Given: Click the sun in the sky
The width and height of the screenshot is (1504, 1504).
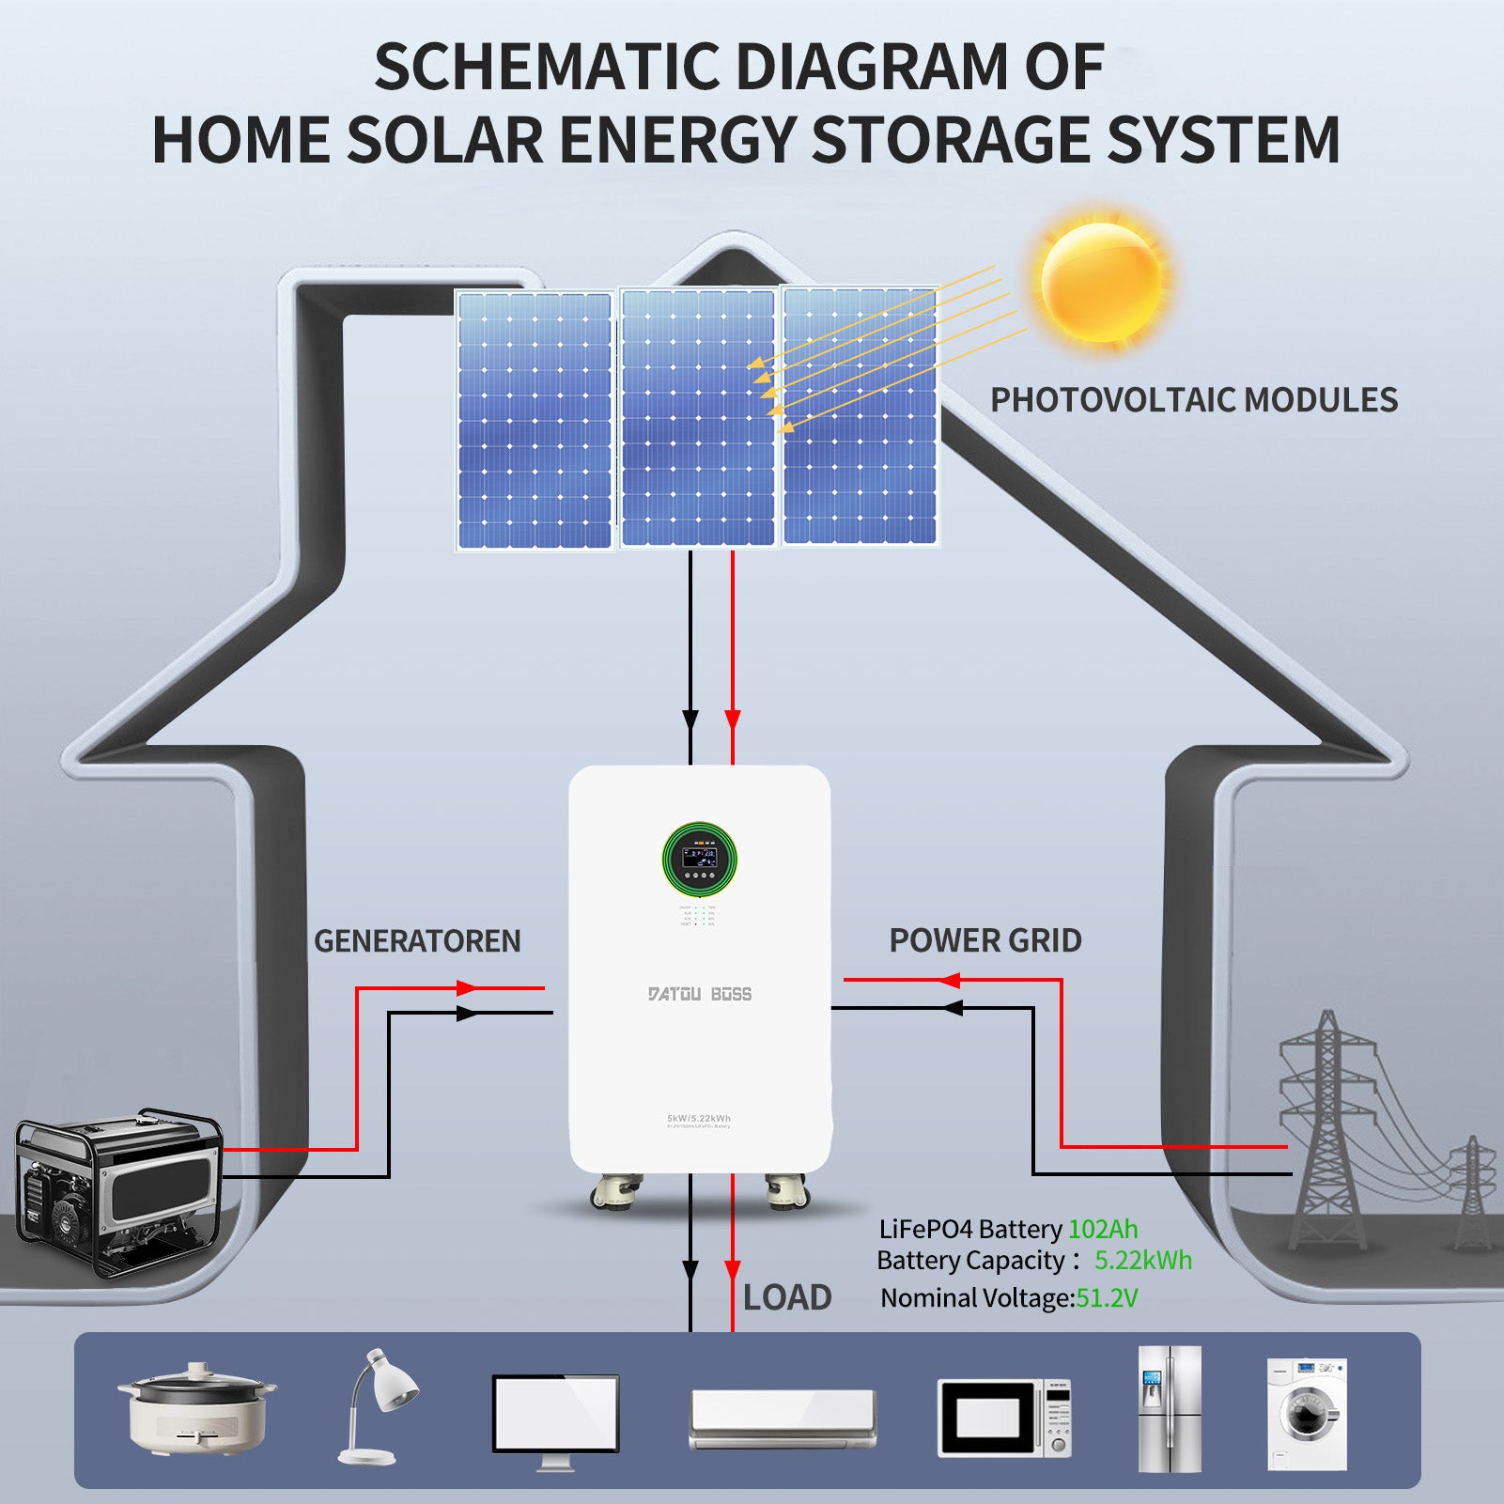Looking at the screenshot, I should pyautogui.click(x=1101, y=282).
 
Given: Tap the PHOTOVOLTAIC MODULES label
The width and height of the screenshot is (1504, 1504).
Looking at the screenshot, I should pyautogui.click(x=1194, y=400).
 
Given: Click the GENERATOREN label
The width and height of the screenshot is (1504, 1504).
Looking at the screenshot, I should pyautogui.click(x=417, y=941).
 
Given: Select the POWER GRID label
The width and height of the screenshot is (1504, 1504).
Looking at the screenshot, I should pyautogui.click(x=985, y=940).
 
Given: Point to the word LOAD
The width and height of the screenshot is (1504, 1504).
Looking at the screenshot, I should pyautogui.click(x=787, y=1297).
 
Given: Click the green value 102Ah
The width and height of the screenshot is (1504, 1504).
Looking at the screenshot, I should pyautogui.click(x=1103, y=1229).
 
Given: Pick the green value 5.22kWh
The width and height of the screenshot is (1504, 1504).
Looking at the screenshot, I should pyautogui.click(x=1143, y=1261).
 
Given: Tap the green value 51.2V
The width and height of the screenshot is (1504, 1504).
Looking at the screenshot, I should pyautogui.click(x=1107, y=1298).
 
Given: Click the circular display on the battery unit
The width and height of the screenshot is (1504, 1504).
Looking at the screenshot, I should pyautogui.click(x=699, y=859).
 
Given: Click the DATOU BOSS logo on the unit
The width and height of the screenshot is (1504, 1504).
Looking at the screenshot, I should pyautogui.click(x=700, y=994).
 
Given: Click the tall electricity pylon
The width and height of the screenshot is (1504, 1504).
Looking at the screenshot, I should pyautogui.click(x=1326, y=1127).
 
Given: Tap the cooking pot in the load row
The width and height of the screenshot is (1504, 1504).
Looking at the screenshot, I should pyautogui.click(x=197, y=1406).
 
